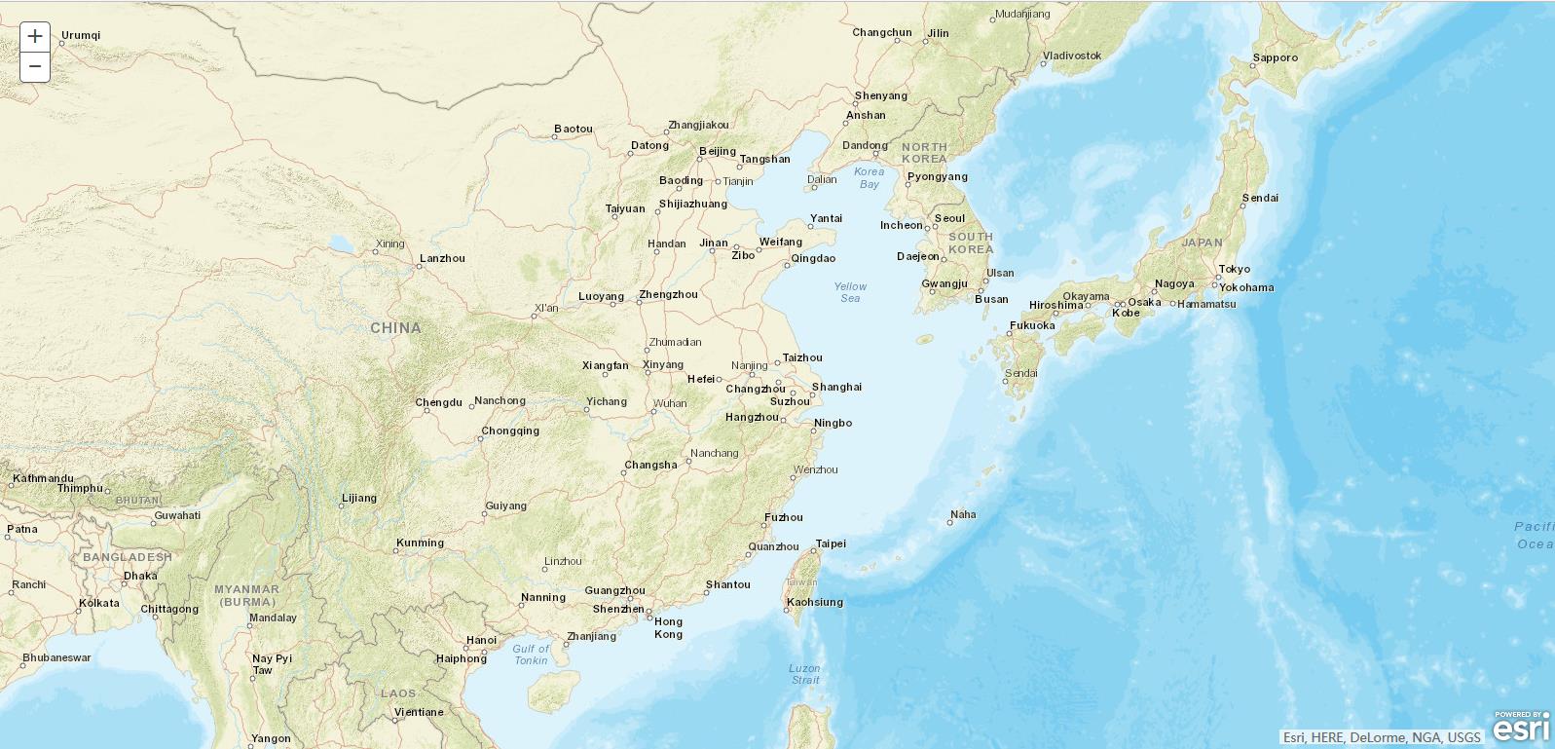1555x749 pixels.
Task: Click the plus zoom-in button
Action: [x=35, y=37]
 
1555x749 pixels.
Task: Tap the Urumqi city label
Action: [x=81, y=36]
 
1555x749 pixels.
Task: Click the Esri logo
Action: [x=1521, y=729]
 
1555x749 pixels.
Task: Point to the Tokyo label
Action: [x=1234, y=269]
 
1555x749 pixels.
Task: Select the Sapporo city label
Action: [x=1275, y=57]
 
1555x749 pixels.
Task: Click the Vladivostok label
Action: [x=1072, y=56]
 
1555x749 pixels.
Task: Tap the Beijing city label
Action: [x=718, y=151]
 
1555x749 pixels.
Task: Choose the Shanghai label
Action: [x=836, y=387]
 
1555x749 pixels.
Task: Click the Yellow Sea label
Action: [x=850, y=292]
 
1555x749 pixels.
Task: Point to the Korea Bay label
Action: [x=870, y=177]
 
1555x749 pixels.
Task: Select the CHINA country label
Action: [x=395, y=328]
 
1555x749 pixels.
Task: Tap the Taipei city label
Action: [x=831, y=543]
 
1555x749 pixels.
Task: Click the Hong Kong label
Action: [x=668, y=628]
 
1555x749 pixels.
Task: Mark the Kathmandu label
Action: [x=43, y=478]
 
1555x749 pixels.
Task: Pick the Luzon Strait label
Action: [x=805, y=674]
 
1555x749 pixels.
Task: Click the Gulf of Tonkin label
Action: [x=531, y=655]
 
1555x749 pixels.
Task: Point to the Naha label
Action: [x=963, y=514]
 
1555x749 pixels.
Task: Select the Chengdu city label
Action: [x=438, y=402]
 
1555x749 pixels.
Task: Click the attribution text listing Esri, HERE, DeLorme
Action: [x=1382, y=737]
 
